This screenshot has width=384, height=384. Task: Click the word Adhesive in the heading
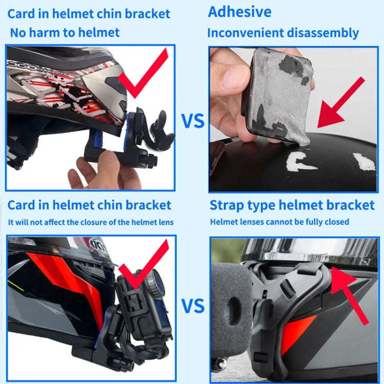click(240, 12)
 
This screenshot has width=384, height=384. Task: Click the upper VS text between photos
click(193, 121)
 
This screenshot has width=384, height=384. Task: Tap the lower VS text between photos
click(193, 306)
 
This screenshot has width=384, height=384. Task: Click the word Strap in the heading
click(229, 206)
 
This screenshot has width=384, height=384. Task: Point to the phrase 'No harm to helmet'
click(65, 33)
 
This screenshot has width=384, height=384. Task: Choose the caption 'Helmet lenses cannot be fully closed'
click(280, 222)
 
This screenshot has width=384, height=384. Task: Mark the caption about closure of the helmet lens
click(91, 222)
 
